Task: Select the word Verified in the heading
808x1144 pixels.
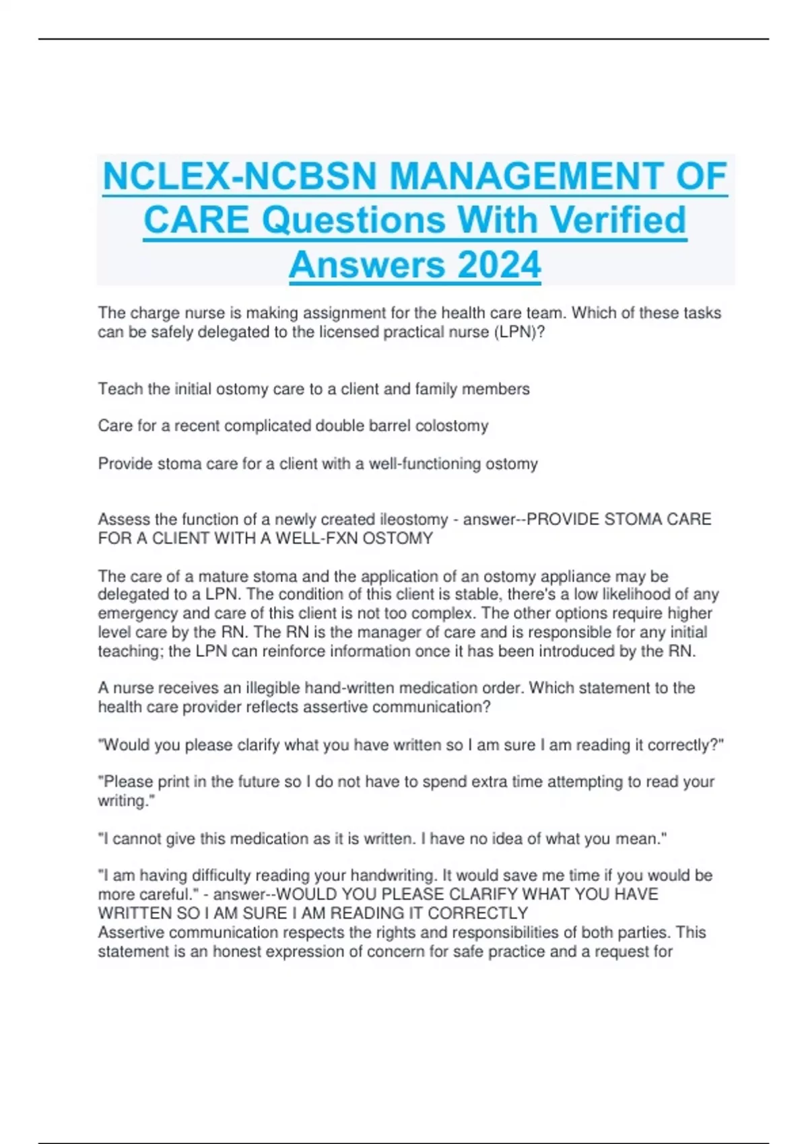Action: [617, 220]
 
